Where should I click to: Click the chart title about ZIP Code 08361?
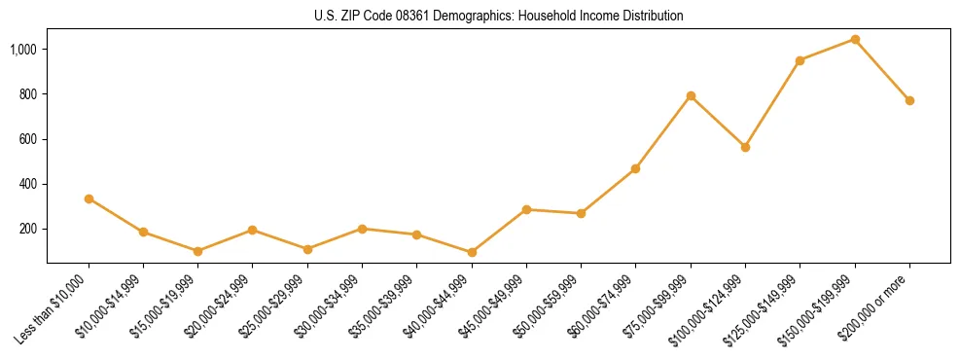[499, 17]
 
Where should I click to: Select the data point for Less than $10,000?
[89, 198]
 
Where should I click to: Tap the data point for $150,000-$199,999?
[855, 40]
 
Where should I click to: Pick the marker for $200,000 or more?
[909, 100]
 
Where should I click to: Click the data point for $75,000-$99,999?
[691, 95]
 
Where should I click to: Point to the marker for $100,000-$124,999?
[745, 147]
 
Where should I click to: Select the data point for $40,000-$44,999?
[472, 252]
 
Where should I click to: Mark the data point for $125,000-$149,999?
[800, 60]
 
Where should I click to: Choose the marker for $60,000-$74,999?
[635, 168]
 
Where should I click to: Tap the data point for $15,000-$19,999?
[197, 251]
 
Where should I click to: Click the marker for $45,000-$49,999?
[526, 209]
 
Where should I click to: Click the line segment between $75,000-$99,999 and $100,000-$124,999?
[718, 122]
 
